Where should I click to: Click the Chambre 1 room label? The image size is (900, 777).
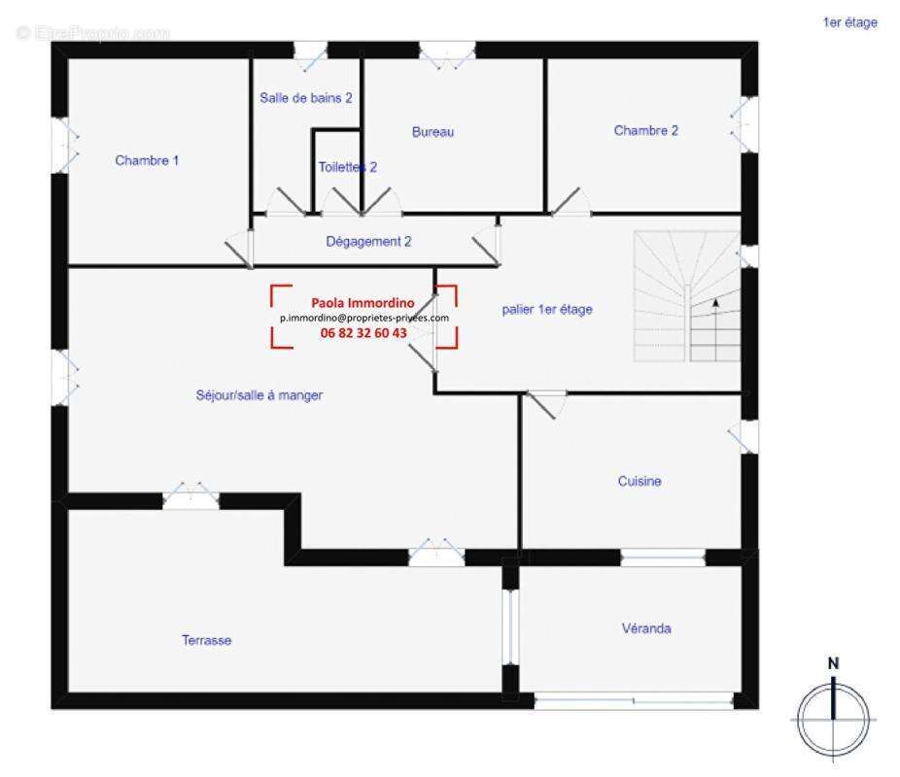tap(147, 160)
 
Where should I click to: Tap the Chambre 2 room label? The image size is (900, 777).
tap(645, 130)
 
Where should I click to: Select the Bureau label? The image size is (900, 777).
tap(433, 132)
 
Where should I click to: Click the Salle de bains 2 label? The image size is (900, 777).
tap(305, 97)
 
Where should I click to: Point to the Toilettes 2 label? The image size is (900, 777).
tap(347, 167)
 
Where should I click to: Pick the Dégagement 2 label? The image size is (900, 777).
tap(368, 241)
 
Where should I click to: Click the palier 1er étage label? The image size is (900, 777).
tap(547, 309)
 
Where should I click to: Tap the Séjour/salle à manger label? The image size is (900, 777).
tap(259, 395)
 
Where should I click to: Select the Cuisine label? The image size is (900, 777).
tap(640, 481)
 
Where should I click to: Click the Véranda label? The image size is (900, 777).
tap(645, 628)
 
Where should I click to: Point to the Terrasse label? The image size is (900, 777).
tap(206, 640)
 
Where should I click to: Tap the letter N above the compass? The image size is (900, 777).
tap(833, 663)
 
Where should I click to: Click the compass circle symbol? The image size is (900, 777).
tap(833, 719)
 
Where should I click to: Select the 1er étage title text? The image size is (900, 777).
tap(849, 22)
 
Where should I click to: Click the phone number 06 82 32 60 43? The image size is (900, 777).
tap(363, 332)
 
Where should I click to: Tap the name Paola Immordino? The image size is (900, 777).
tap(363, 302)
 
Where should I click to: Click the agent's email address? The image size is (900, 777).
tap(363, 318)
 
